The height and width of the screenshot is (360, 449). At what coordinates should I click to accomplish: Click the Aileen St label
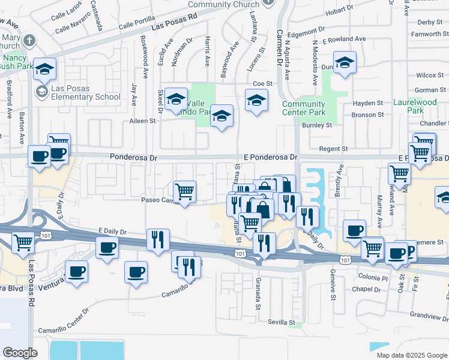point(142,121)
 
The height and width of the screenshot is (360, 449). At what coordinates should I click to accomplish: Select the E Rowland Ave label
point(344,39)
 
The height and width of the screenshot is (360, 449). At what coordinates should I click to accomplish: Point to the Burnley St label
point(316,125)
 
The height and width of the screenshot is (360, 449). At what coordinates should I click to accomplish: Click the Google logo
point(20,353)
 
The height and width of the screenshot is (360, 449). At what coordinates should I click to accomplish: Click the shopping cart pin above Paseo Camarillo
point(185,191)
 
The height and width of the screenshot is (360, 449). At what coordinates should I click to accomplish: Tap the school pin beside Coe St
point(256,100)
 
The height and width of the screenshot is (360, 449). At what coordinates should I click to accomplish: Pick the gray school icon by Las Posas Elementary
point(42,92)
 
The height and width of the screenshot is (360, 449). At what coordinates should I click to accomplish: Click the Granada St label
point(257,295)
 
